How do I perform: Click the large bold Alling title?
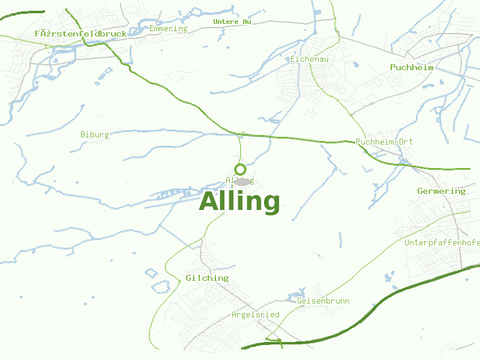tap(239, 202)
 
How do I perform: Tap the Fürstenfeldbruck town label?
tap(80, 34)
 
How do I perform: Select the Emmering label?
tap(168, 28)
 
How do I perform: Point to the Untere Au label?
tap(232, 22)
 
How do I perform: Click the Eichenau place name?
tap(309, 59)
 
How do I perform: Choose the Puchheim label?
tap(411, 67)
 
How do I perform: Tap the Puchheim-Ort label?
tap(384, 142)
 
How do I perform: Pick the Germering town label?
tap(441, 191)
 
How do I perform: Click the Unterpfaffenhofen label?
tap(442, 242)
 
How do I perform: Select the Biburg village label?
tap(95, 134)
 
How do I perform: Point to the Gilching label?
tap(207, 278)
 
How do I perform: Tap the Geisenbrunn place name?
tap(323, 301)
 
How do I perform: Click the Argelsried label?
tap(256, 314)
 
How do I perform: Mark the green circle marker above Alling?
tap(241, 169)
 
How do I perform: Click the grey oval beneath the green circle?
tap(241, 181)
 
